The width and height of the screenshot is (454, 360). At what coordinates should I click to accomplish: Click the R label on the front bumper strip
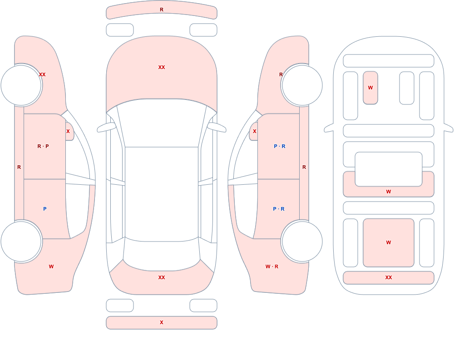(162, 10)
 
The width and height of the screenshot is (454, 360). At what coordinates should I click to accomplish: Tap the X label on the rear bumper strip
(162, 322)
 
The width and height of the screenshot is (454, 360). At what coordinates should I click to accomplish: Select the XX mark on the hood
(162, 67)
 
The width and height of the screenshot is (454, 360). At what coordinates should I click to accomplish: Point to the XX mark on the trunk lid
(162, 277)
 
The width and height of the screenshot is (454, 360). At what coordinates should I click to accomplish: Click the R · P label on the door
(43, 146)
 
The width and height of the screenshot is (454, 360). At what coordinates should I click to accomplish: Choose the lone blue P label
(44, 209)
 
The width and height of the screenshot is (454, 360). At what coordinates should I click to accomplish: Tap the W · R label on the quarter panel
(272, 266)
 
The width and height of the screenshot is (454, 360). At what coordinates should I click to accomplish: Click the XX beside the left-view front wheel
(42, 74)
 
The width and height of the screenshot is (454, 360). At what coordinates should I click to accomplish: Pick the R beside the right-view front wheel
(281, 74)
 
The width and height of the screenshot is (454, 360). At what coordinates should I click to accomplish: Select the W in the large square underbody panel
(389, 242)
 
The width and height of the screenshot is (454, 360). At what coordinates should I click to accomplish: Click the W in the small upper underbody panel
(370, 88)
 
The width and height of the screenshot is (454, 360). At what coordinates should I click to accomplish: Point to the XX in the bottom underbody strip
(389, 277)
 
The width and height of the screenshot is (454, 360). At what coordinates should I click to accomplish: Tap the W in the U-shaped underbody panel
(389, 192)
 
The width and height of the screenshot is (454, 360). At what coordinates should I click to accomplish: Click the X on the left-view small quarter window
(68, 131)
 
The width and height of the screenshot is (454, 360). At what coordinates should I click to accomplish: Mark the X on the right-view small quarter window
(255, 131)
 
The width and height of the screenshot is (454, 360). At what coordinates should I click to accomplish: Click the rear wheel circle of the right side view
(302, 242)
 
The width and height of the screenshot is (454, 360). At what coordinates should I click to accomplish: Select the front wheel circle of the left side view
(21, 85)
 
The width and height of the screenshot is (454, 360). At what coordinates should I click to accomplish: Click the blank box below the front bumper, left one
(120, 30)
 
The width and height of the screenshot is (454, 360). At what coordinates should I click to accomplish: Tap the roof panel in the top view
(162, 194)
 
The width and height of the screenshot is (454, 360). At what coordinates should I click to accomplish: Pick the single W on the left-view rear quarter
(51, 266)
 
